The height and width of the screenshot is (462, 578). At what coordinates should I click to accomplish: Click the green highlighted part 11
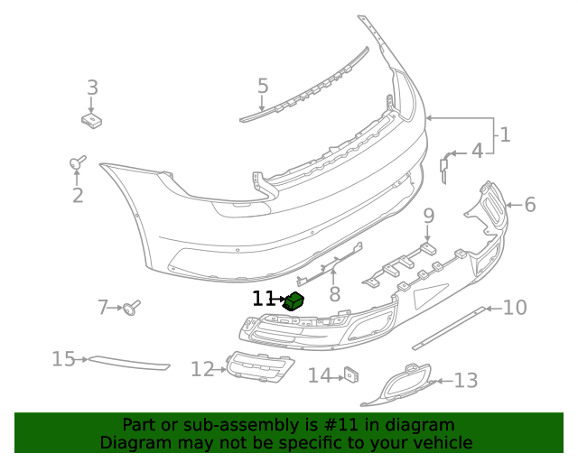pos(294,301)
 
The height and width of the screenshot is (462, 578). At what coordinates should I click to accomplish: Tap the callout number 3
pos(92,88)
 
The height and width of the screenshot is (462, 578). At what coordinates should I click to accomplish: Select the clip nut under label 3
pos(90,118)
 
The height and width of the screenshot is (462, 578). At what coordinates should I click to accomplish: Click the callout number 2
pos(78,195)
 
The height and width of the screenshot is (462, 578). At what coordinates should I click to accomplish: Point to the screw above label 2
pos(77,162)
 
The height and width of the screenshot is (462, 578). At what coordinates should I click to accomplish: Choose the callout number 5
pos(263,87)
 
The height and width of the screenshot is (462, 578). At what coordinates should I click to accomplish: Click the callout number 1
pos(505,135)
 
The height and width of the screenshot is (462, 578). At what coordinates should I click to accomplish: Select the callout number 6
pos(529,205)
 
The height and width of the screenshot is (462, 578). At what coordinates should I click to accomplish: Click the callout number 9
pos(429,216)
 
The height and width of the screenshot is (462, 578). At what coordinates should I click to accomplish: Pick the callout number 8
pos(334,293)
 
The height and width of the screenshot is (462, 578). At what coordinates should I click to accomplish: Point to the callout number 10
pos(515,309)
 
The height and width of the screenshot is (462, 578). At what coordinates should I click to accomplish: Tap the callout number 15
pos(63,359)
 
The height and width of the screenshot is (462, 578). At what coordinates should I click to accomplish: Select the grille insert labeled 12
pos(260,367)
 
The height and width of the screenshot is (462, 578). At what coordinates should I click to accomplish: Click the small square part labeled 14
pos(350,374)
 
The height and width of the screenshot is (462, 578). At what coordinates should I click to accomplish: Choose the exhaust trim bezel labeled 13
pos(398,383)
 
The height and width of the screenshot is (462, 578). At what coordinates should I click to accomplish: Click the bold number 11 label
pos(263,299)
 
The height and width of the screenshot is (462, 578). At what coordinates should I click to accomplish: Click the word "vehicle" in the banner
pos(441,443)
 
